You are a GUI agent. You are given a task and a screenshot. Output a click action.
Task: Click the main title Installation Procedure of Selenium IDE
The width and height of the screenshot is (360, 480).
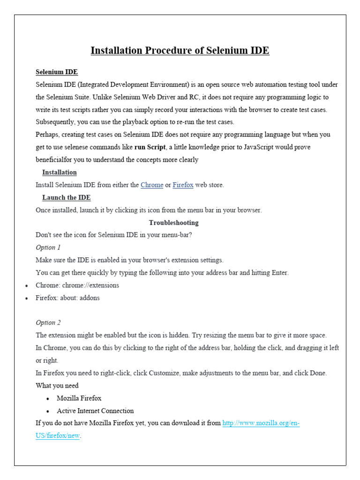click(180, 51)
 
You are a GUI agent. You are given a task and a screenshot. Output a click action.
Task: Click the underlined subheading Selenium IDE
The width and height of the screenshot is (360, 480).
click(57, 72)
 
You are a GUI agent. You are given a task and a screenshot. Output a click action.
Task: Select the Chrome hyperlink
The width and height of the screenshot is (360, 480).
click(152, 185)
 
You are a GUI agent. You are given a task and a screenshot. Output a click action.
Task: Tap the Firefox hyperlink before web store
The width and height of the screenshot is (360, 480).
click(183, 185)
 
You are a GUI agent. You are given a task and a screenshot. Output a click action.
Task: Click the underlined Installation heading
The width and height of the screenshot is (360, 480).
click(59, 172)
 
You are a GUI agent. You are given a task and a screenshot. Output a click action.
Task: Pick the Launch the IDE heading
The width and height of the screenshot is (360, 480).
click(66, 198)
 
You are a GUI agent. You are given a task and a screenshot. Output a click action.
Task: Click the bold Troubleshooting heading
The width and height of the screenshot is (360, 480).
click(173, 223)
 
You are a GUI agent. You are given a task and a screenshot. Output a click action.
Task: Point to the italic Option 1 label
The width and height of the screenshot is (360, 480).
click(48, 247)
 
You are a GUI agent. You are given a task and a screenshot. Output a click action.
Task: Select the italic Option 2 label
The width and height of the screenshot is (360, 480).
click(48, 323)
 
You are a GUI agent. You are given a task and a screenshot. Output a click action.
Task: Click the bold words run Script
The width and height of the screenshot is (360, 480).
click(150, 147)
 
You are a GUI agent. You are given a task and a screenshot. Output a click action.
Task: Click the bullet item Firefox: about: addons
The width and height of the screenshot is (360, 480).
click(67, 298)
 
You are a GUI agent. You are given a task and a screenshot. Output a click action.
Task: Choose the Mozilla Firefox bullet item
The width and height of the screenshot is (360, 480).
click(79, 398)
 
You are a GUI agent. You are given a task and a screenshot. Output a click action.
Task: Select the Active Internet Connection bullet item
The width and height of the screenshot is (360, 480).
click(95, 411)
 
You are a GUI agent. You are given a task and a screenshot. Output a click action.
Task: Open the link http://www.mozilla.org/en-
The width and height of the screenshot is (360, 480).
click(261, 423)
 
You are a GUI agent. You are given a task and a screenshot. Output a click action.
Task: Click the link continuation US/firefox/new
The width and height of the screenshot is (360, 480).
click(58, 436)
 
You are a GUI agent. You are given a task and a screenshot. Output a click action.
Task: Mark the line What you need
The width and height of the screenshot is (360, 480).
click(57, 386)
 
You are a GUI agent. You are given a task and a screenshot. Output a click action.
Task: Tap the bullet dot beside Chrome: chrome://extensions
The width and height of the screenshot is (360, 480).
click(26, 285)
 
